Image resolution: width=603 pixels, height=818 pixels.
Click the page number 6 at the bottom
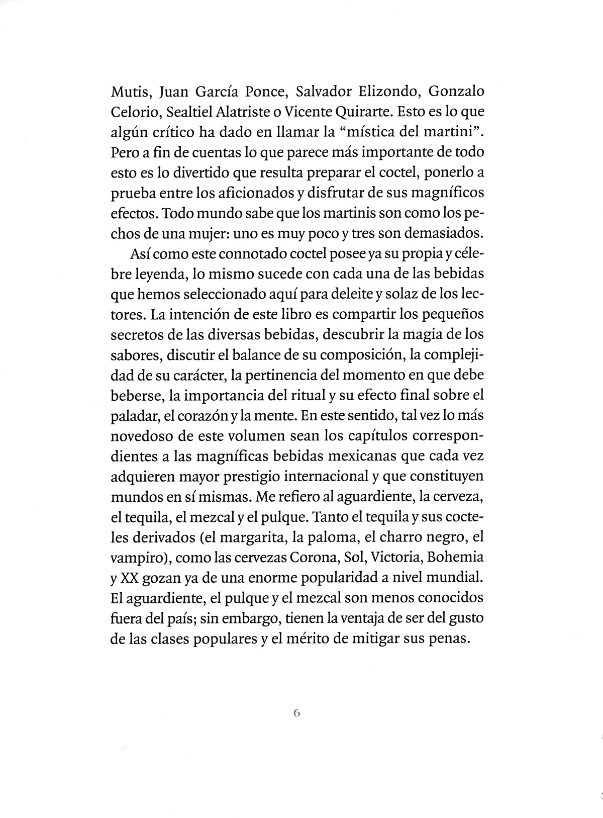click(x=296, y=713)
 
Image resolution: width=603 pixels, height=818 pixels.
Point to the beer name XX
click(x=129, y=578)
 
